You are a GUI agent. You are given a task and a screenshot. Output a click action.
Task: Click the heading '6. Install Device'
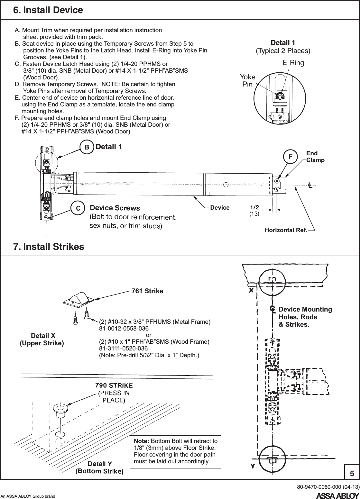coord(48,10)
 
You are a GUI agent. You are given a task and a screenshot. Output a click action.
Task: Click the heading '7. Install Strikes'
coord(49,247)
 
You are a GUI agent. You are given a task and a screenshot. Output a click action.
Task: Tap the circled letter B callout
coord(87,147)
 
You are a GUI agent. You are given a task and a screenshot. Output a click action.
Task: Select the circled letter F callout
coord(290,157)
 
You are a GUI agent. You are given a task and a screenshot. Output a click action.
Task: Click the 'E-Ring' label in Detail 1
coord(293,63)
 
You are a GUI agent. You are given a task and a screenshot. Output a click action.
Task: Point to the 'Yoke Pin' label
coord(247,80)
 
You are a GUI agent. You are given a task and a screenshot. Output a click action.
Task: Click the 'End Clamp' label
coord(315,157)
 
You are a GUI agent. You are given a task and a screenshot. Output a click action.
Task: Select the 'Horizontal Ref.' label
coord(285,230)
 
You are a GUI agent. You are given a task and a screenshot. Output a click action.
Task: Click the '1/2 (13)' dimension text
coord(254,210)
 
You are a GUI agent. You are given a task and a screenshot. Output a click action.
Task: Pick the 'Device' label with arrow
coord(220,208)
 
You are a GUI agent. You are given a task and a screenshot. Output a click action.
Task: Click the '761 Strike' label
coord(147,291)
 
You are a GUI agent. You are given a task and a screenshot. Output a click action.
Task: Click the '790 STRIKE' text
coord(114,385)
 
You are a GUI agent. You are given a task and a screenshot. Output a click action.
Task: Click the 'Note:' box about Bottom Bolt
coord(175,451)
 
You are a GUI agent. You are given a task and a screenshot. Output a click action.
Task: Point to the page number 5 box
coord(352,473)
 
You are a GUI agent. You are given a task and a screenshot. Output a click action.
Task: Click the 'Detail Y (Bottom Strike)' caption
coord(99,467)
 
